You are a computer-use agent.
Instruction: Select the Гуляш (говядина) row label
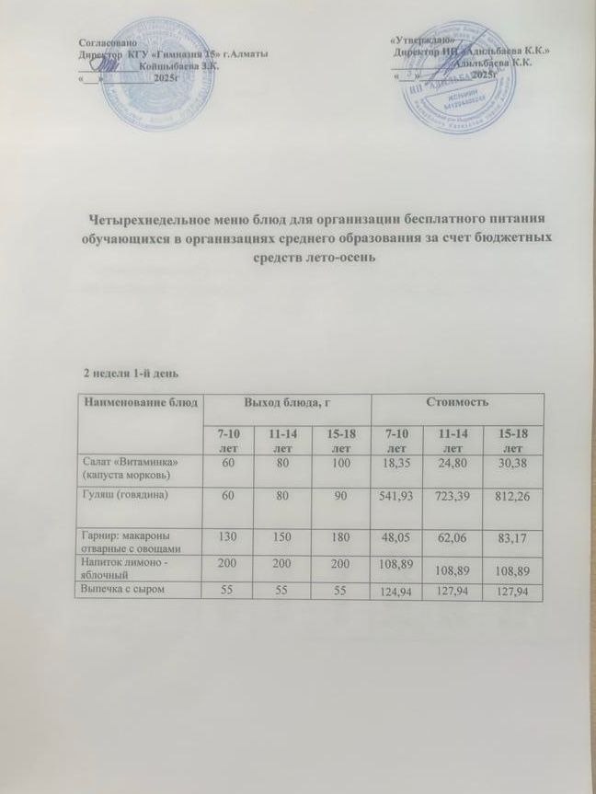126,496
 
